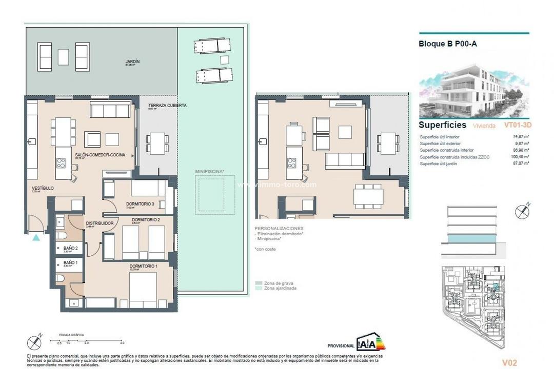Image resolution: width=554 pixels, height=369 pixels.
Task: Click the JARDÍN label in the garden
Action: coord(132,61)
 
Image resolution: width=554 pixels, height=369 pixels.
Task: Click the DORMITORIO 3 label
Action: coord(140,204)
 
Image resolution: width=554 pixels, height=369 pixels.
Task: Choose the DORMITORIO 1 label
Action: coord(143,266)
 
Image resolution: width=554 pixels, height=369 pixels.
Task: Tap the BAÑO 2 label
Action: coord(70,248)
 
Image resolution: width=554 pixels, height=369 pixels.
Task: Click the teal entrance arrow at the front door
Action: coord(35,237)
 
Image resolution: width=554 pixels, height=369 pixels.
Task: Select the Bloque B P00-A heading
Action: coord(448,44)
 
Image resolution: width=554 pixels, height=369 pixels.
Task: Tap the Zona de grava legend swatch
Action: coord(258,283)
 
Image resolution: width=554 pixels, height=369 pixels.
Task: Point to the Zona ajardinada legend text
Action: coord(280,288)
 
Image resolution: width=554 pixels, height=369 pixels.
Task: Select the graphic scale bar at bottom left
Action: coord(90,339)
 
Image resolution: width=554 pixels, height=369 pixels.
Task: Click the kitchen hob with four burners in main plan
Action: coord(61,163)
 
